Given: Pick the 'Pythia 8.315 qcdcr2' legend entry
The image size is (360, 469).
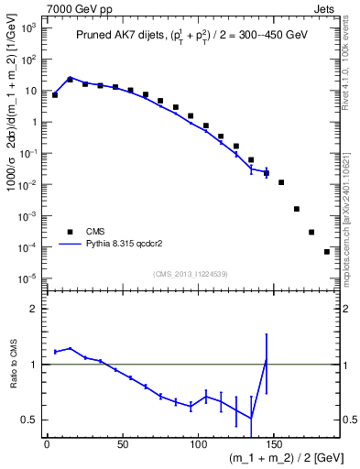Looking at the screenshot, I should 119,245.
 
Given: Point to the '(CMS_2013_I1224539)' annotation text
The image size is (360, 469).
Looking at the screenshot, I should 191,273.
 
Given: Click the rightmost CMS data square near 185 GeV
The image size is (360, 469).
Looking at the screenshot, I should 327,251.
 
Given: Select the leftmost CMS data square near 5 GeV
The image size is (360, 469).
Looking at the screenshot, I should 55,94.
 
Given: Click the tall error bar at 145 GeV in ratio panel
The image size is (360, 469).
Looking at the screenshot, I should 267,364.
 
